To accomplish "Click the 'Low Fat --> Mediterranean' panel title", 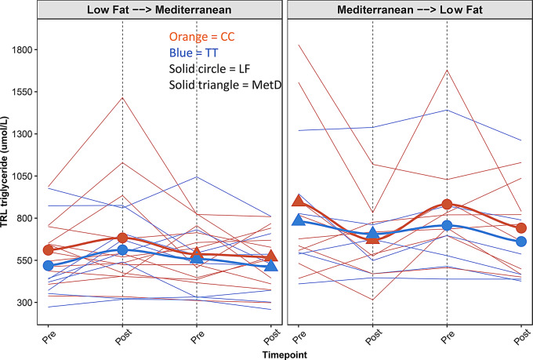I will point(159,9).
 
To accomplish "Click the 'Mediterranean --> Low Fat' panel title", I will point(409,9).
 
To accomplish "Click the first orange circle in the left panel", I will point(47,250).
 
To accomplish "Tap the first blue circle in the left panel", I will point(47,266).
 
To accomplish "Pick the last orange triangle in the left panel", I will point(271,256).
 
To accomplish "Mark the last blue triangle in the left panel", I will point(271,266).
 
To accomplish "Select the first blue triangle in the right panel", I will point(298,220).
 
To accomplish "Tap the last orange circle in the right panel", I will point(521,228).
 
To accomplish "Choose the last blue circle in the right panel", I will point(521,242).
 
